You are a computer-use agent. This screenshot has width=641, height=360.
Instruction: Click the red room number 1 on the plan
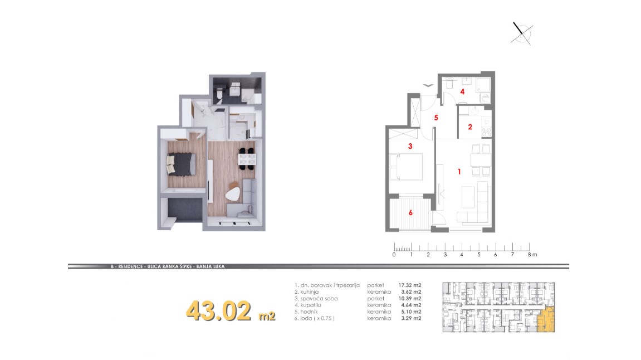459,172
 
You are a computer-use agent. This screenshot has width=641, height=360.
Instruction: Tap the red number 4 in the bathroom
462,91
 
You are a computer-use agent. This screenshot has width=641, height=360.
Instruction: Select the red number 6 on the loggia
410,213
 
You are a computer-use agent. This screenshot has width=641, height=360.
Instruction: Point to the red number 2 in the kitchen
470,127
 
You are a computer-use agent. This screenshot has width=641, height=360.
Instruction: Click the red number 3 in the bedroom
410,146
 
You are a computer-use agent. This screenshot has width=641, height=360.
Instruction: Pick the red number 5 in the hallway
436,118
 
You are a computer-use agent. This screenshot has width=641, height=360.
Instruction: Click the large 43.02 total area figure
219,311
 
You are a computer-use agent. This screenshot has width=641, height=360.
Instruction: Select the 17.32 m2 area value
410,285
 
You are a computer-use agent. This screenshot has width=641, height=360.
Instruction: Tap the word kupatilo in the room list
310,305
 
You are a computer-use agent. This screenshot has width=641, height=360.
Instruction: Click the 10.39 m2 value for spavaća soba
410,299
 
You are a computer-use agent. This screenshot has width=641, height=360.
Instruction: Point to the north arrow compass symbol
522,33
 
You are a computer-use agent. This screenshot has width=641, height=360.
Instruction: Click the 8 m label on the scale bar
532,255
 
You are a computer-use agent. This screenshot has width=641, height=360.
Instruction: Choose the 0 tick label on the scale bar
394,255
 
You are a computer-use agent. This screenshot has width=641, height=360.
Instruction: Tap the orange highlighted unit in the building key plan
546,319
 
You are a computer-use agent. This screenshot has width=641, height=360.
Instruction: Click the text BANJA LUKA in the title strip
210,266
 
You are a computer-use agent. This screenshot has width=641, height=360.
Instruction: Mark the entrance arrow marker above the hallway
428,85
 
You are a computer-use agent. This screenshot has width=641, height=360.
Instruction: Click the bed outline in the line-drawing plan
405,167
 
